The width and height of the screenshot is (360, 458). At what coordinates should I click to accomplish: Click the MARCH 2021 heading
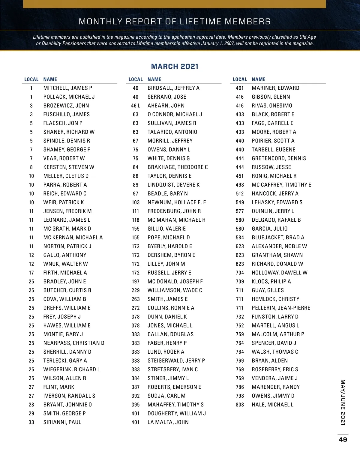tap(175, 66)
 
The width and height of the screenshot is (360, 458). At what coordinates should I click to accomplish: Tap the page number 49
tap(343, 439)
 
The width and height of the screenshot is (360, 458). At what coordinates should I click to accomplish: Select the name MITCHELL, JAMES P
tap(68, 88)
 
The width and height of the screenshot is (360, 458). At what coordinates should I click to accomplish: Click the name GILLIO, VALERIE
tap(166, 229)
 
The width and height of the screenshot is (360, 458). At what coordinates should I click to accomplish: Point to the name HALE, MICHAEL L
tap(272, 405)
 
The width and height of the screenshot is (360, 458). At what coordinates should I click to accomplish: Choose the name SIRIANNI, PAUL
tap(62, 422)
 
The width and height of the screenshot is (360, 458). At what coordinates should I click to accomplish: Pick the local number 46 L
tap(136, 106)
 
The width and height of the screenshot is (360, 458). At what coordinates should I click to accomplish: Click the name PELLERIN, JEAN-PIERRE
tap(281, 308)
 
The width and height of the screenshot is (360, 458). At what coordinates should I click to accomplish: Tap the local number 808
tap(240, 405)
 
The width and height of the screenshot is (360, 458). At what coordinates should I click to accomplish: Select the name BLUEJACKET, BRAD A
tap(278, 238)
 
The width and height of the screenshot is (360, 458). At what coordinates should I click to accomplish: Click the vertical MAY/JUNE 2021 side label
tap(343, 402)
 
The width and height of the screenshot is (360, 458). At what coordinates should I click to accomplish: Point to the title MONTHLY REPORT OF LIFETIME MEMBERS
tap(175, 22)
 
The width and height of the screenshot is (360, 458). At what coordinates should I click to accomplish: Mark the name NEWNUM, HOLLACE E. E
tap(177, 202)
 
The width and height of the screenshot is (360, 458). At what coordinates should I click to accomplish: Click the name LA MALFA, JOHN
tap(168, 422)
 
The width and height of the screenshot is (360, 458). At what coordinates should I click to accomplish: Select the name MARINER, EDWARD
tap(275, 88)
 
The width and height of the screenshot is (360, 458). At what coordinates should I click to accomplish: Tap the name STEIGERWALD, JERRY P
tap(176, 361)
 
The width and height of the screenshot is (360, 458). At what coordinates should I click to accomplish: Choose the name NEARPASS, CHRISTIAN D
tap(74, 343)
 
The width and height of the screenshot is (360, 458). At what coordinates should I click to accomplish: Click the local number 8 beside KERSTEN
tap(31, 167)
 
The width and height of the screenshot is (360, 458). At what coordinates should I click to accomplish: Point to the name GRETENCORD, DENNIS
tap(279, 158)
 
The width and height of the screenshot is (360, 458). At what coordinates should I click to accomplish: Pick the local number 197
tap(136, 282)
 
